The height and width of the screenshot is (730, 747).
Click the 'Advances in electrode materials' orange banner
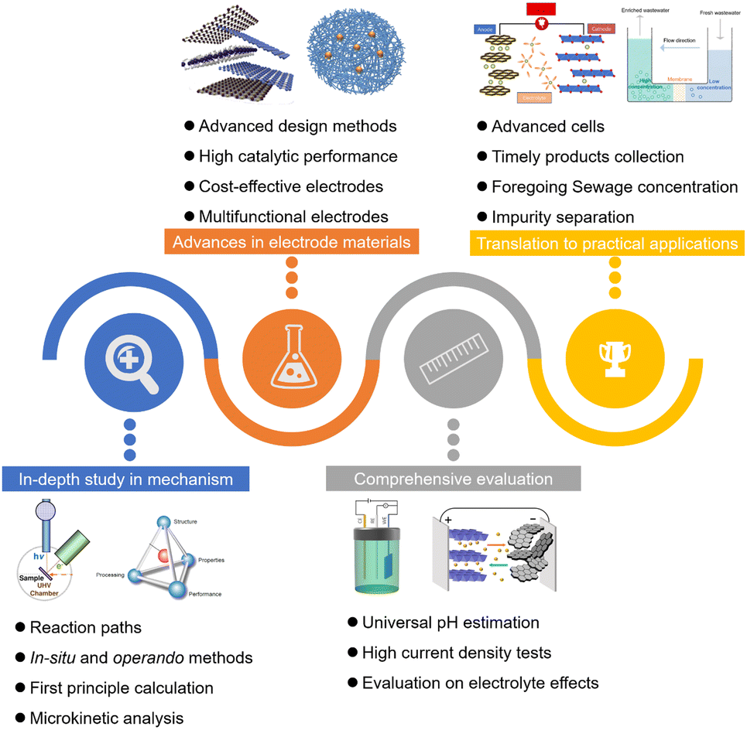pyautogui.click(x=292, y=242)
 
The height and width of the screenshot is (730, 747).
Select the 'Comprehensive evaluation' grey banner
pyautogui.click(x=454, y=479)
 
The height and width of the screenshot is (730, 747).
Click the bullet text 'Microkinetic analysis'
pyautogui.click(x=107, y=718)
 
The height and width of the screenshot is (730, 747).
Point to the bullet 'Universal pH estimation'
pyautogui.click(x=451, y=623)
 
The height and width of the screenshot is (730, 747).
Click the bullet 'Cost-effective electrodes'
pyautogui.click(x=291, y=187)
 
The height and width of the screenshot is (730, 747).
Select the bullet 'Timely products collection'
pyautogui.click(x=588, y=157)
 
